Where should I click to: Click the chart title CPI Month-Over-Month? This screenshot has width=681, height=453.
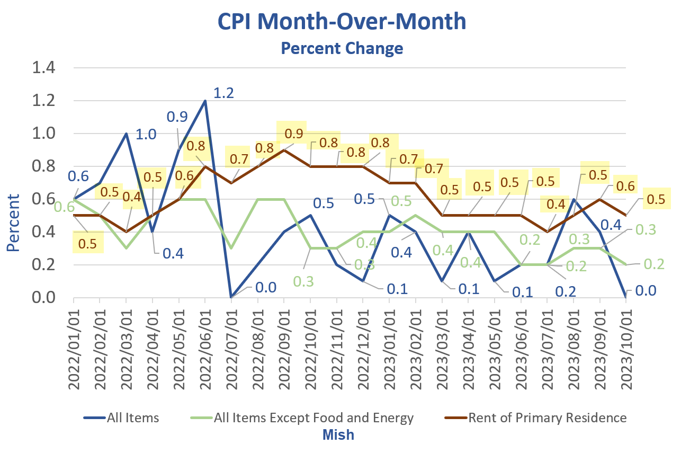(342, 22)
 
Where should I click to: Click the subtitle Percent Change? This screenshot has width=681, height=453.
(342, 48)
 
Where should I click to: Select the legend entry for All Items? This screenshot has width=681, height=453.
(132, 418)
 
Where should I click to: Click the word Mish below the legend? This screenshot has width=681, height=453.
(338, 435)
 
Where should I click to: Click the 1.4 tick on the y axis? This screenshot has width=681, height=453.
(45, 68)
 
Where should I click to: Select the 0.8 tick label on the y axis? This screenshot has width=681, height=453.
(45, 166)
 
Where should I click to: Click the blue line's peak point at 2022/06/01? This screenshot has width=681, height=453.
(205, 101)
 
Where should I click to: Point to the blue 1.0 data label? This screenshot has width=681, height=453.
(147, 135)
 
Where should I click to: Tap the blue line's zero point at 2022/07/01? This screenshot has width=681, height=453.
(231, 297)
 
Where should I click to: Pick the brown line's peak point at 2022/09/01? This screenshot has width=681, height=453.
(284, 150)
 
